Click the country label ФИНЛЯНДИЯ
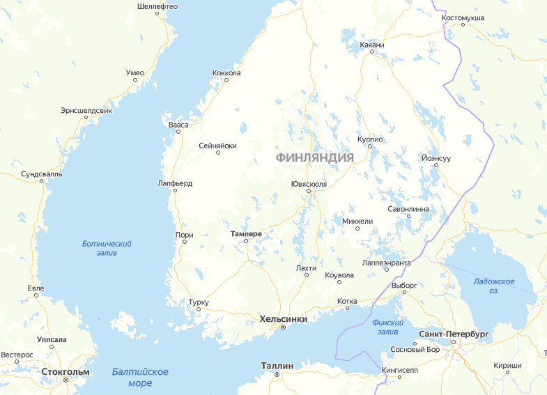click(x=314, y=157)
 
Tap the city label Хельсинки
click(x=283, y=319)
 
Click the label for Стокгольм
click(x=66, y=371)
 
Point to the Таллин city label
click(x=277, y=366)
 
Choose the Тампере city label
click(x=246, y=234)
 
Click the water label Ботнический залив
click(x=107, y=248)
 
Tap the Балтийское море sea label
click(x=140, y=377)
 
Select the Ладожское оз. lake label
click(x=495, y=286)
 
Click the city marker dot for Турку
click(x=199, y=310)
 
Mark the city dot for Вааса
click(x=178, y=132)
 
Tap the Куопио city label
click(x=370, y=139)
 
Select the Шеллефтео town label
click(x=157, y=6)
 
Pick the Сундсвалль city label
click(x=41, y=173)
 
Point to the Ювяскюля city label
click(x=309, y=184)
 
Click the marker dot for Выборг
click(x=403, y=293)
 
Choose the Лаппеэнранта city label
click(x=387, y=263)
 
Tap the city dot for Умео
click(x=135, y=80)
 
